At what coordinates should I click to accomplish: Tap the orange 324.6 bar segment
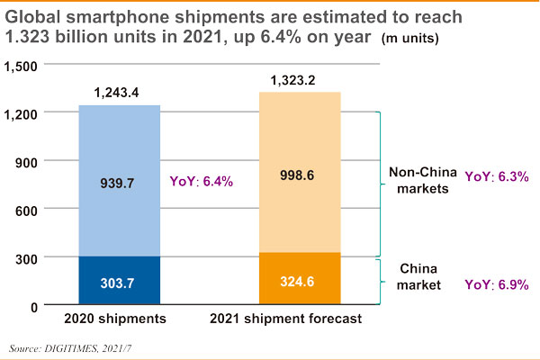[x=301, y=280]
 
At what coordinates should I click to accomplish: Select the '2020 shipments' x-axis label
[x=119, y=320]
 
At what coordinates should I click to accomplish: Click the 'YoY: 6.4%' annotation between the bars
[x=202, y=181]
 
